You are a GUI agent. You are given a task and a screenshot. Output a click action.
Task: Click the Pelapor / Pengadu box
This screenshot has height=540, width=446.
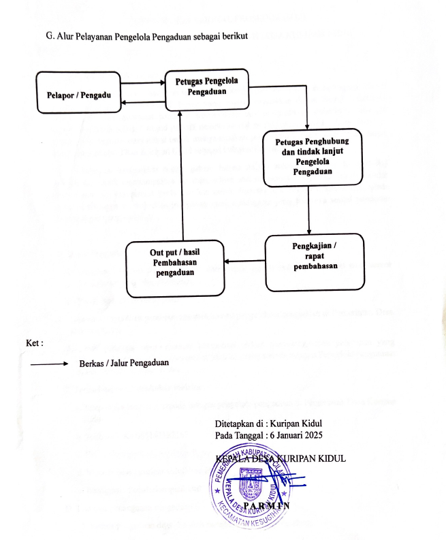point(79,95)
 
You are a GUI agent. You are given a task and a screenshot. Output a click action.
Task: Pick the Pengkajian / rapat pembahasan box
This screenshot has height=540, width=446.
point(315,261)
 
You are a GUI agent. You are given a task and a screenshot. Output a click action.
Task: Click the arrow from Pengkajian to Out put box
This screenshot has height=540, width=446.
point(244,260)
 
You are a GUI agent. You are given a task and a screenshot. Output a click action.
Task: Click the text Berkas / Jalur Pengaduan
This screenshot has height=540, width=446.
point(123,363)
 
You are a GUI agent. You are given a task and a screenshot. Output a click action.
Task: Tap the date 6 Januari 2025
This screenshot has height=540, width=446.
point(296,434)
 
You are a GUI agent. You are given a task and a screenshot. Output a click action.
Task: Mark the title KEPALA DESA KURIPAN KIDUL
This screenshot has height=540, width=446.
point(280,458)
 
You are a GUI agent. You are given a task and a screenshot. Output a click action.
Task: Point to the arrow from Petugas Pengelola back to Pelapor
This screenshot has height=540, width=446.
point(143,103)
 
